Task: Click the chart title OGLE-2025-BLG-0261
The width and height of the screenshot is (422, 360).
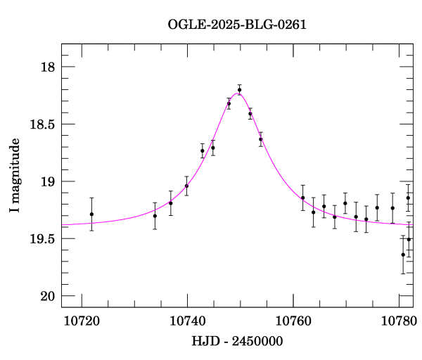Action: tap(237, 25)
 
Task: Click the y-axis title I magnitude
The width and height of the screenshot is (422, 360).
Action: tap(15, 176)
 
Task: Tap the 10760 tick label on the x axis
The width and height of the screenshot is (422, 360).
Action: tap(293, 321)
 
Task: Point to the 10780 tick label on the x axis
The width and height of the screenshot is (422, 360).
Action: tap(398, 321)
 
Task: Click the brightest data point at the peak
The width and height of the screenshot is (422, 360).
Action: tap(239, 90)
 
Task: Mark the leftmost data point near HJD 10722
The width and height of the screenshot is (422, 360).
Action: tap(91, 214)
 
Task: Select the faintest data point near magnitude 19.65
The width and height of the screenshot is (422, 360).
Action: tap(403, 255)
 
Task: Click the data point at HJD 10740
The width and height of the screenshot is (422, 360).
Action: tap(186, 186)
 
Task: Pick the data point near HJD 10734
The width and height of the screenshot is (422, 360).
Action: tap(155, 215)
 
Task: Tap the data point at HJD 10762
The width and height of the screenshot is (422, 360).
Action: tap(302, 198)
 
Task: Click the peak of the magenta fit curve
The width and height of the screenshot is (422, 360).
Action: tap(238, 93)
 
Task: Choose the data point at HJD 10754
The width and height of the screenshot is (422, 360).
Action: tap(260, 139)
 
